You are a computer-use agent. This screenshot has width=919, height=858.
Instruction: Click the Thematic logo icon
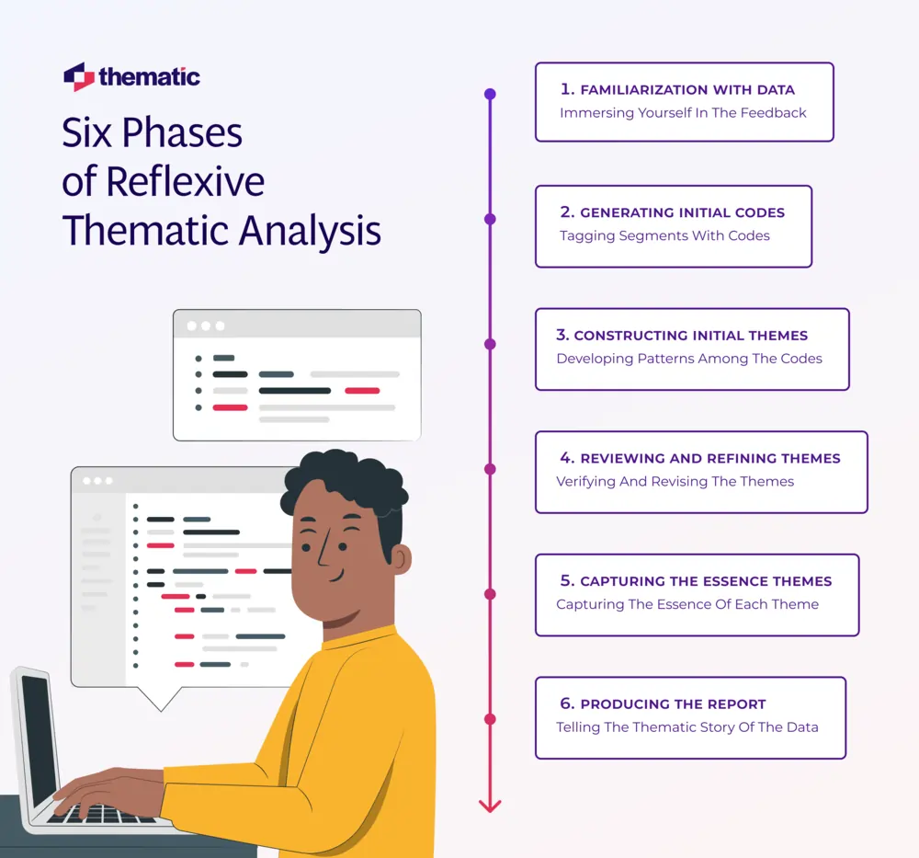click(x=79, y=77)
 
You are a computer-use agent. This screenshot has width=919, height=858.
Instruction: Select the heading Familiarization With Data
click(x=687, y=90)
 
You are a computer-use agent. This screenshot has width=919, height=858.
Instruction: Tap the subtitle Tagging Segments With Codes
click(x=664, y=235)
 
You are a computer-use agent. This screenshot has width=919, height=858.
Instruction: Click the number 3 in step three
click(x=562, y=336)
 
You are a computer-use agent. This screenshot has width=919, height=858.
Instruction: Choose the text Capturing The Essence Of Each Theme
click(x=686, y=604)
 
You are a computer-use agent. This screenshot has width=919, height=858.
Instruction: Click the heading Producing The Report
click(x=673, y=704)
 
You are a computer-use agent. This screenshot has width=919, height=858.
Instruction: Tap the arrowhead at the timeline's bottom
click(x=490, y=805)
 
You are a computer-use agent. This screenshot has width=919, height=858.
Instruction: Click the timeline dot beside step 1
click(x=490, y=94)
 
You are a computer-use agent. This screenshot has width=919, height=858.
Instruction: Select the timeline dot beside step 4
click(x=490, y=469)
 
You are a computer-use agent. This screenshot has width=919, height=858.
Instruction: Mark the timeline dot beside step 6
click(x=490, y=719)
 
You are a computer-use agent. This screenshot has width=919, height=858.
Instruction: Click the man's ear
click(x=401, y=559)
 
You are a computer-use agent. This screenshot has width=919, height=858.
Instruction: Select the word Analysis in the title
click(x=311, y=230)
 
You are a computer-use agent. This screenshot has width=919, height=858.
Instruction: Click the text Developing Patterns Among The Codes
click(x=688, y=359)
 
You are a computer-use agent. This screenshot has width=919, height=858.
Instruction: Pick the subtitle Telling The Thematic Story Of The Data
click(x=686, y=727)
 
